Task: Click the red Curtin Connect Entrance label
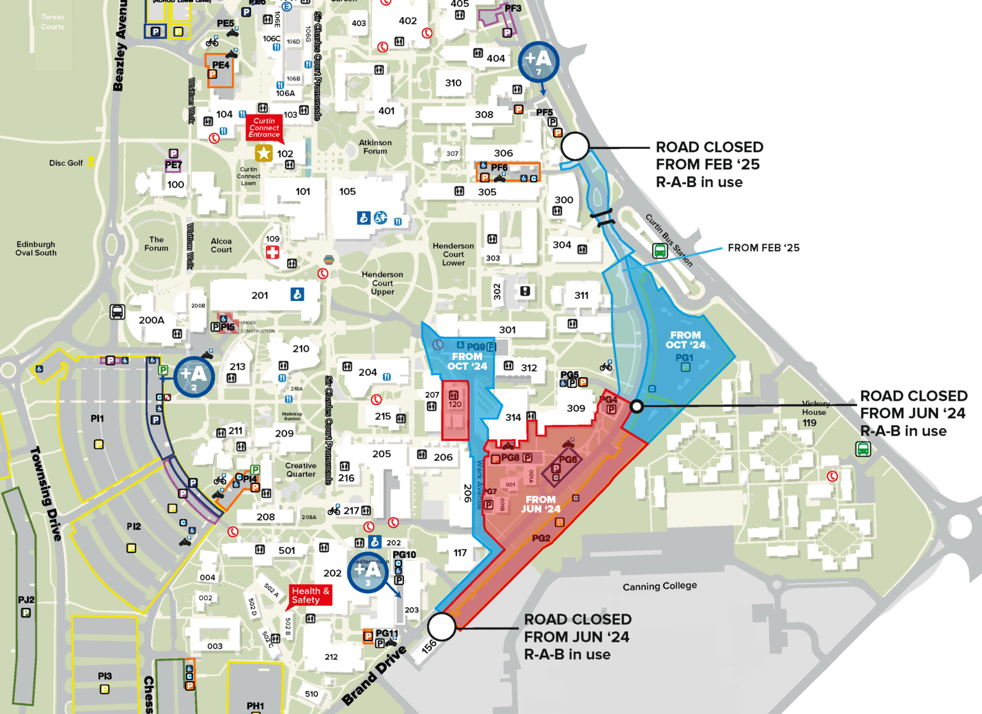[264, 128]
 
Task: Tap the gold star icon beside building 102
[263, 153]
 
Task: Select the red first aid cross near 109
[272, 252]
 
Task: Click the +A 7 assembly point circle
[538, 61]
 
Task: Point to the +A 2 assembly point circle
[194, 376]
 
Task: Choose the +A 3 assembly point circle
[368, 571]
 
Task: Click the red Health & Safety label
[310, 595]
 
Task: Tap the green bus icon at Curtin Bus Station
[660, 251]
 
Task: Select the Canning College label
[660, 586]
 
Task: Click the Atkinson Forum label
[375, 147]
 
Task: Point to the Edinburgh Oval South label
[36, 249]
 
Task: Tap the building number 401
[386, 111]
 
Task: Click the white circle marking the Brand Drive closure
[441, 626]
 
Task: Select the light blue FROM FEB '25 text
[763, 248]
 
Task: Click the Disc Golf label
[66, 163]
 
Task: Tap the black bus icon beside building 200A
[118, 311]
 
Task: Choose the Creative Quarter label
[301, 470]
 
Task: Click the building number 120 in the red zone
[455, 404]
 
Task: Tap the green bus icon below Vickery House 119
[863, 449]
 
